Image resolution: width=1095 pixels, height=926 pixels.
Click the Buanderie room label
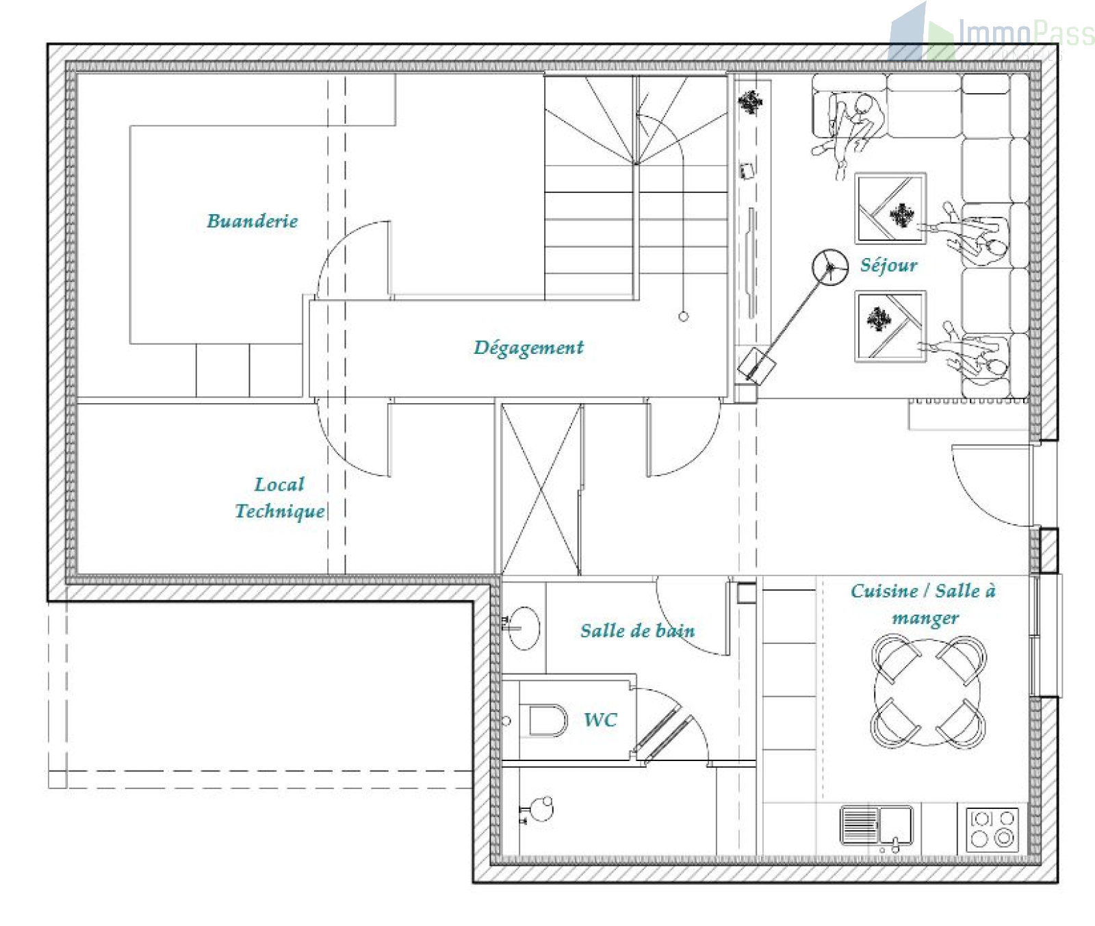pos(253,221)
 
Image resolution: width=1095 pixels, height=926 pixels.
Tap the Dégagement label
pos(528,348)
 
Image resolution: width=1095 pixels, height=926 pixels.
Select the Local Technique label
pos(280,498)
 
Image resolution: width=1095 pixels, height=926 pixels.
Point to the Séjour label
pos(888,265)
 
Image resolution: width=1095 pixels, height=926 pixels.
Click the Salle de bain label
pos(637,630)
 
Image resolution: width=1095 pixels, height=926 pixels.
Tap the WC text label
pos(600,719)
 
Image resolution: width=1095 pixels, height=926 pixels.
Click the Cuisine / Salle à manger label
pos(923,604)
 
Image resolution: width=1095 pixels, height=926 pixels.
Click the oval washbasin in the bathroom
pos(524,628)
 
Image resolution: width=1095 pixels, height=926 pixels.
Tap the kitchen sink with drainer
pos(877,826)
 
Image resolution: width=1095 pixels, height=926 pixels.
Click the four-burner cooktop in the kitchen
pos(992,829)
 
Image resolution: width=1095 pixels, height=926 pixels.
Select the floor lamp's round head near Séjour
pos(829,267)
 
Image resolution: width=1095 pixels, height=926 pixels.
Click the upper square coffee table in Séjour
pos(890,208)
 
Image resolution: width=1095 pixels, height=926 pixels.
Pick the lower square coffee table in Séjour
pos(890,326)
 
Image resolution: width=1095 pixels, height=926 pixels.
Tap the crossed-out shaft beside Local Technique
pos(541,489)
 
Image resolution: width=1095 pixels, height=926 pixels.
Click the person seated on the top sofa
pos(852,127)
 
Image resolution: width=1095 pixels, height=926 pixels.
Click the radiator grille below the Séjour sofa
pos(968,400)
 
